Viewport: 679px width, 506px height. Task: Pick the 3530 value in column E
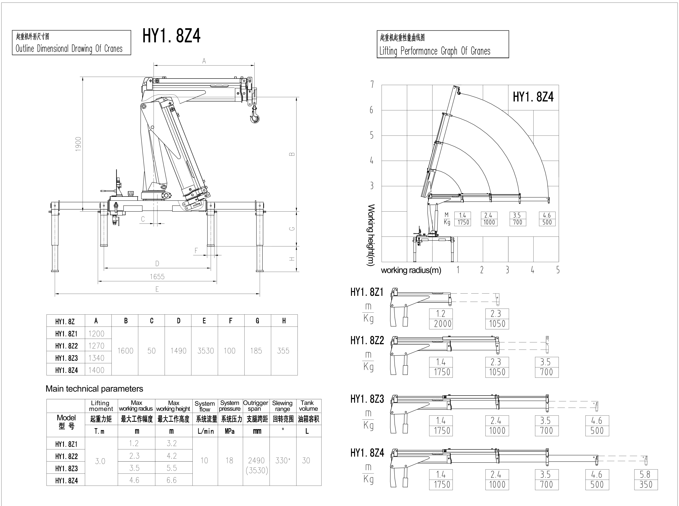[205, 351]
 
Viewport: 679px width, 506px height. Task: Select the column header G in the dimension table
[257, 321]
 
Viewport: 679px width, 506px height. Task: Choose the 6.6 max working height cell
[172, 480]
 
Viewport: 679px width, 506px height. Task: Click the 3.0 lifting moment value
[100, 461]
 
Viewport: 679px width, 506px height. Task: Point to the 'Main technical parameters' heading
[94, 389]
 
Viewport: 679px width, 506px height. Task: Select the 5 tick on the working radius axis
[558, 270]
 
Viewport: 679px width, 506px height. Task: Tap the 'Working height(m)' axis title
[371, 235]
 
